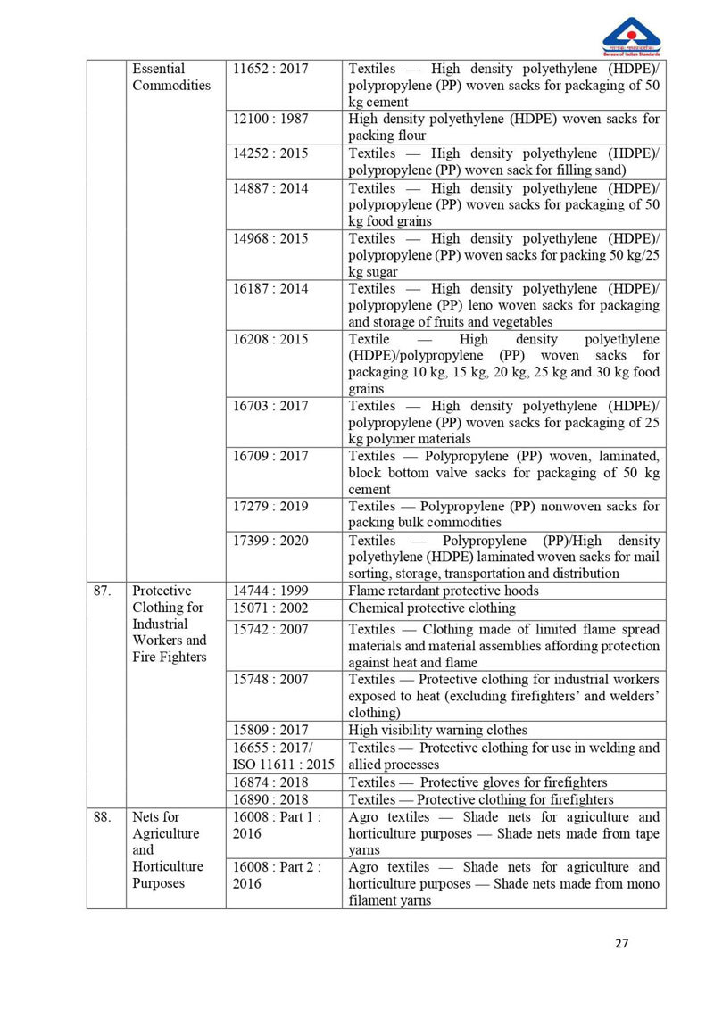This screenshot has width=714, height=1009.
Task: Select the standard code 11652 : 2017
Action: coord(270,69)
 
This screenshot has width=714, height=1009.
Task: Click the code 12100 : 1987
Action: coord(270,119)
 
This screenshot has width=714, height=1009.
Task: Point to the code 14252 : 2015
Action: coord(270,153)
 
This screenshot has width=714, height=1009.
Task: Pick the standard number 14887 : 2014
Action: coord(270,188)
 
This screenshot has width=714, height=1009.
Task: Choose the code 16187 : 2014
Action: coord(270,288)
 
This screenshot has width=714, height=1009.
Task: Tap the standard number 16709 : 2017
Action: coord(270,456)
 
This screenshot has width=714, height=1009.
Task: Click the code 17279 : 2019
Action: coord(270,506)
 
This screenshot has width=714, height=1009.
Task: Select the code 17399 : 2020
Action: coord(270,541)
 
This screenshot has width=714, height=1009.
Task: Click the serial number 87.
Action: coord(104,591)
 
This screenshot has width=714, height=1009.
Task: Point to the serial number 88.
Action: coord(104,816)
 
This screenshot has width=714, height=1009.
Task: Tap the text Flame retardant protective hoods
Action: coord(443,591)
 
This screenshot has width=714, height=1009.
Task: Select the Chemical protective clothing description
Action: coord(432,608)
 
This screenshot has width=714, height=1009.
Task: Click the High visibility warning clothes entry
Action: coord(437,730)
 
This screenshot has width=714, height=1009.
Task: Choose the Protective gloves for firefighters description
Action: coord(477,782)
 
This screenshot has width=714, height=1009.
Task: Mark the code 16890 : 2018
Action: coord(270,799)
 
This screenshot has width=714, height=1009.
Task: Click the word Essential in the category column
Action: coord(159,69)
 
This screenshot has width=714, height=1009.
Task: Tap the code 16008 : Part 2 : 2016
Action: coord(277,874)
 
